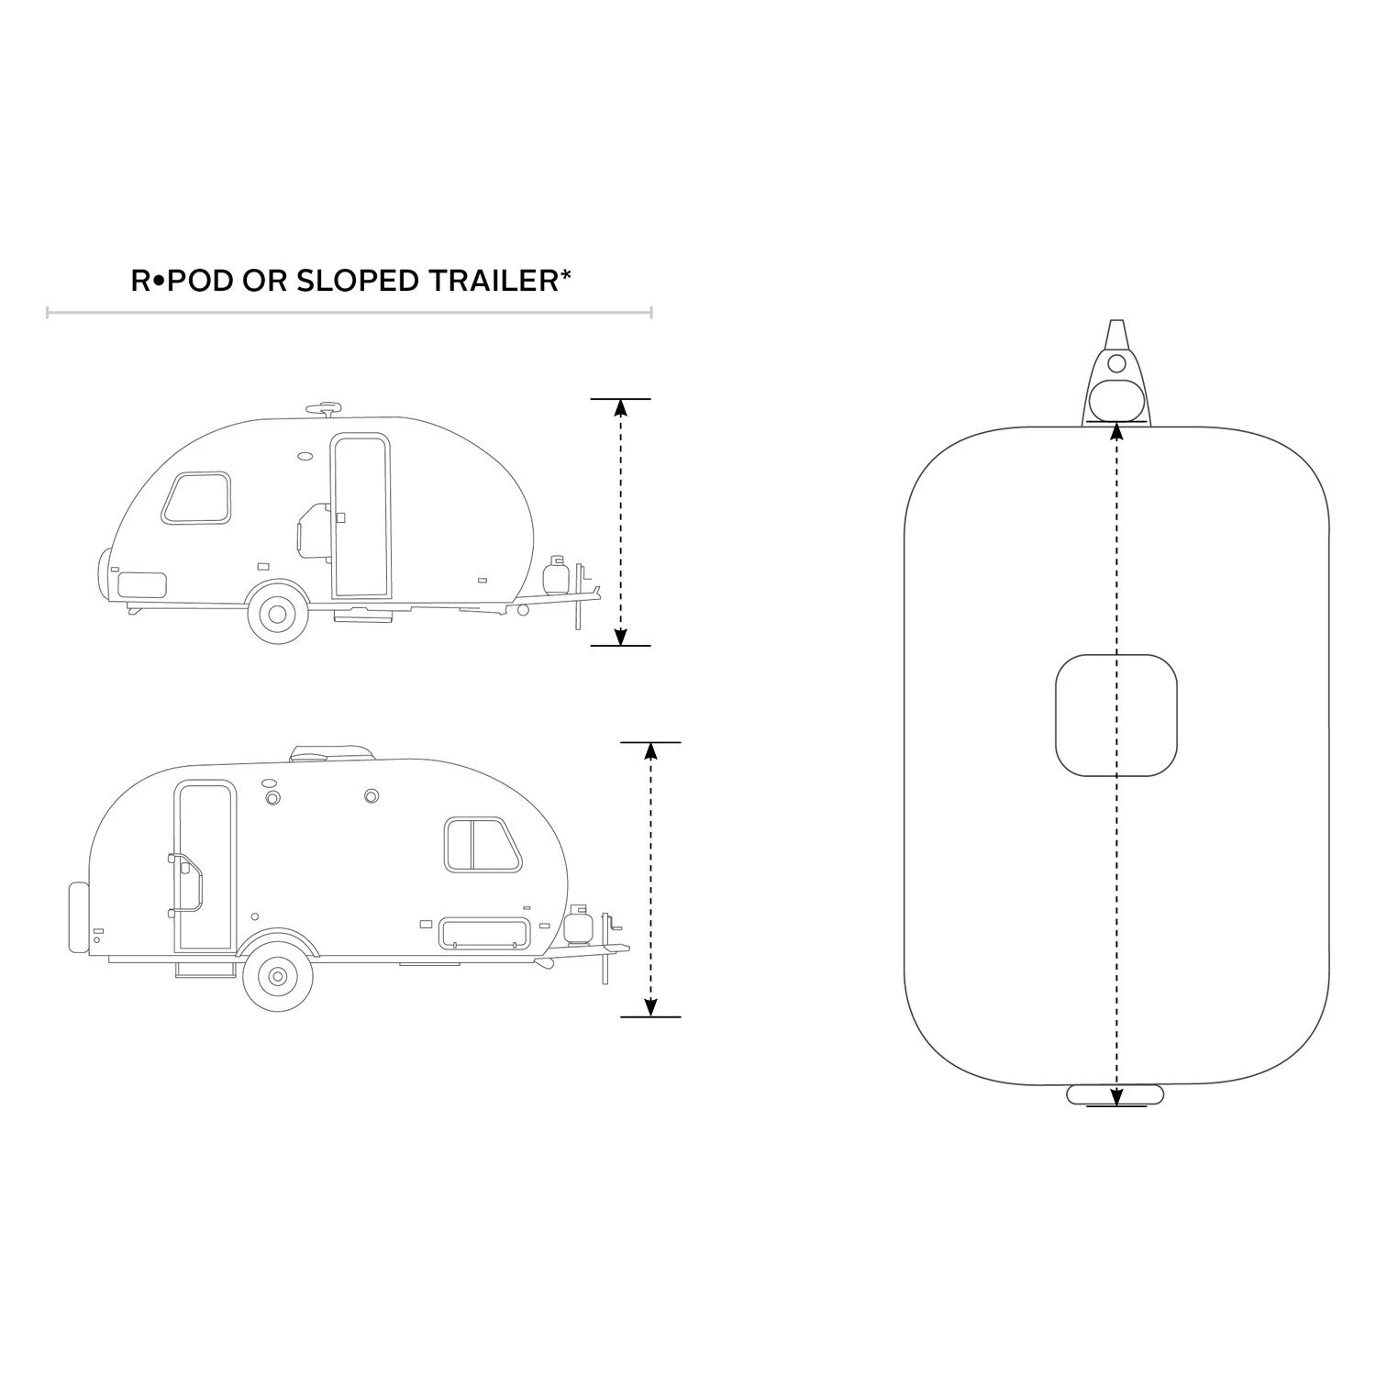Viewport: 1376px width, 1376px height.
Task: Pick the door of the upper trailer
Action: tap(361, 515)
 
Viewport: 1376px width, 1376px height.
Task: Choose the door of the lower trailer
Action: tap(205, 866)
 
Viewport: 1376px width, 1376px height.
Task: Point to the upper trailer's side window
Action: tap(196, 499)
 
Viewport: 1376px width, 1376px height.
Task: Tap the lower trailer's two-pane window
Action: tap(482, 844)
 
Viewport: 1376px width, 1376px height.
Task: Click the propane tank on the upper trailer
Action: tap(556, 574)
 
